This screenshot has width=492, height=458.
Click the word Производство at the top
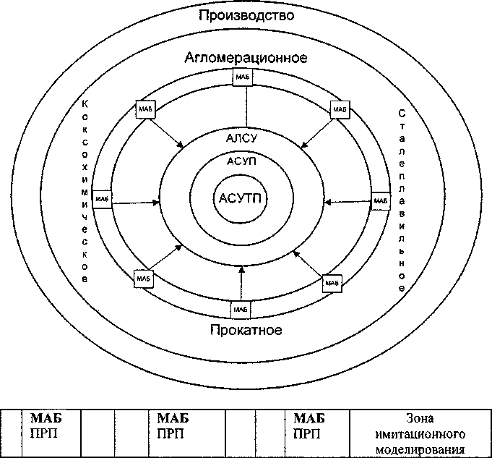(246, 15)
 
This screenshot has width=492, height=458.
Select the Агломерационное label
(246, 57)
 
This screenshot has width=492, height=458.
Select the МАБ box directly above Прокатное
(241, 309)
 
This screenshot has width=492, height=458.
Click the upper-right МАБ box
(340, 109)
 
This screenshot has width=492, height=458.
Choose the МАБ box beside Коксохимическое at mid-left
(103, 198)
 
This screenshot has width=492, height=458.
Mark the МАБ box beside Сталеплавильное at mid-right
(380, 200)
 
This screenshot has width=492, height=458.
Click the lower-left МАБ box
(143, 278)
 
